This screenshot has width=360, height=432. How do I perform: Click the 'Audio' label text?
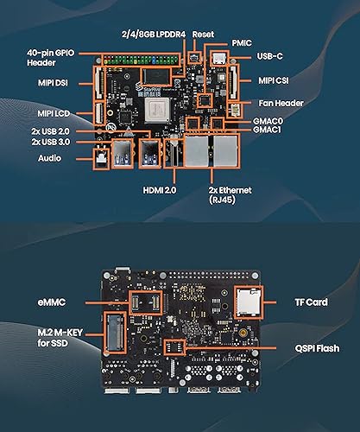(49, 158)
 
